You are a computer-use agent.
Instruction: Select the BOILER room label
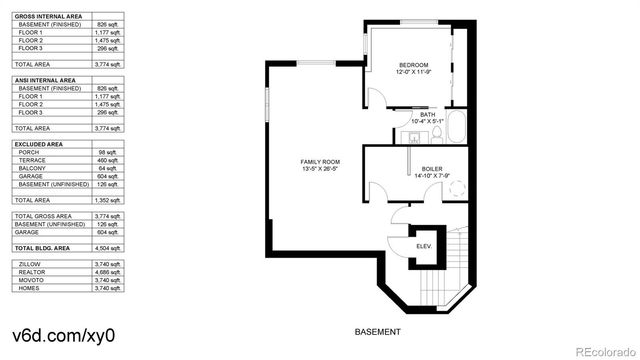click(431, 169)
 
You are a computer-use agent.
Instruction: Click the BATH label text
click(427, 115)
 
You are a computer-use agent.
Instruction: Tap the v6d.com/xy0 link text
click(63, 335)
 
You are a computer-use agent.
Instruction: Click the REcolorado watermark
click(598, 349)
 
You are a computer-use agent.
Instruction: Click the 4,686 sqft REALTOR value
click(106, 271)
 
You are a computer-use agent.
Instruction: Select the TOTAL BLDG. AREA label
click(42, 245)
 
